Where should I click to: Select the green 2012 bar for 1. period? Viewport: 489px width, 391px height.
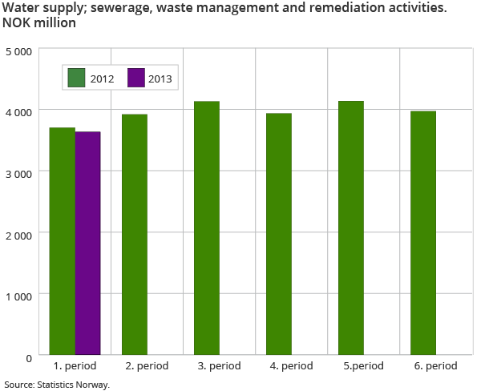63,240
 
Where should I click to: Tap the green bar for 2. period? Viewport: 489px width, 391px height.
135,234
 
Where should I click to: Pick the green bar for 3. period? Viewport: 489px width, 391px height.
207,228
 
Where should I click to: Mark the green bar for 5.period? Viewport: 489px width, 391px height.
351,228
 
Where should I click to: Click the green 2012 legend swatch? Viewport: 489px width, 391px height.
77,78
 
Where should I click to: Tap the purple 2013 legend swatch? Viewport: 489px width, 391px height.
135,78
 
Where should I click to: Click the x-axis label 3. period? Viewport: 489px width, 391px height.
219,366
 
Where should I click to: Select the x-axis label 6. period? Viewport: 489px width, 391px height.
435,366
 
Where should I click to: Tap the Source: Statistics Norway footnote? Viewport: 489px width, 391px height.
56,385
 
